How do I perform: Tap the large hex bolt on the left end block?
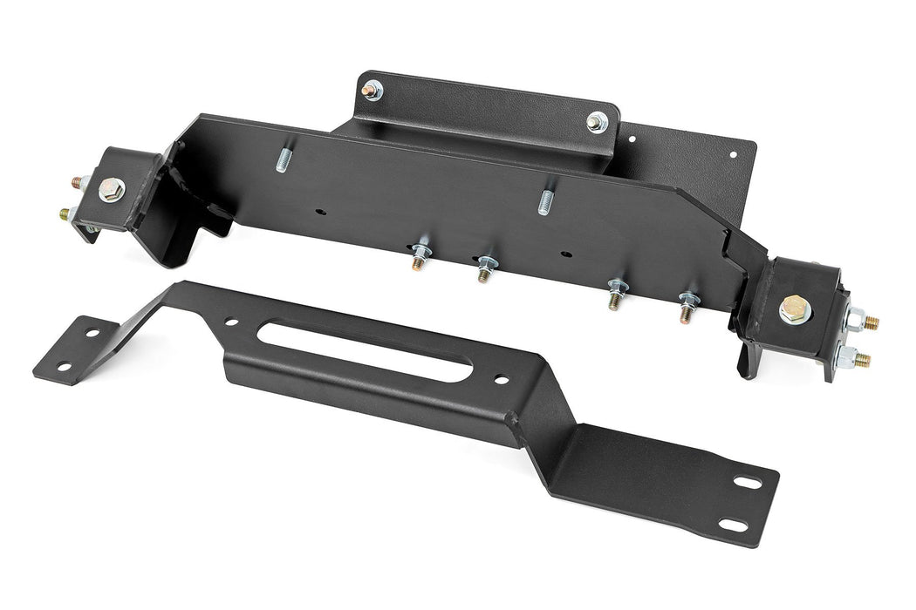pyautogui.click(x=111, y=189)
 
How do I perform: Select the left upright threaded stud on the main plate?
pyautogui.click(x=284, y=161)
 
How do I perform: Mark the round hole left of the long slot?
pyautogui.click(x=232, y=321)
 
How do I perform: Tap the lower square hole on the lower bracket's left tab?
pyautogui.click(x=63, y=366)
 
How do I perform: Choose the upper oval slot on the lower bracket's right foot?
pyautogui.click(x=746, y=483)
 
